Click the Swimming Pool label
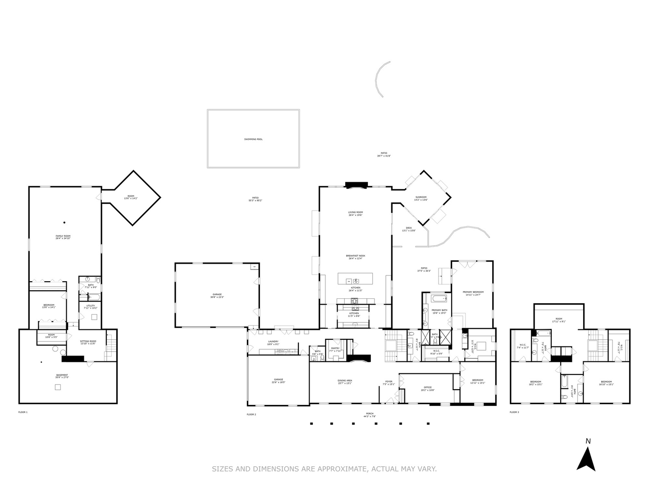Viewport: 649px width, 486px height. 253,139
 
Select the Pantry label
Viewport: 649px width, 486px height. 335,349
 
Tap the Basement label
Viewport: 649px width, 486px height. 62,376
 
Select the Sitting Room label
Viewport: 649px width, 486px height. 88,342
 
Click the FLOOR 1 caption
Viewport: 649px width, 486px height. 23,412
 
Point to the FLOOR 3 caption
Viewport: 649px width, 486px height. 514,412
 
